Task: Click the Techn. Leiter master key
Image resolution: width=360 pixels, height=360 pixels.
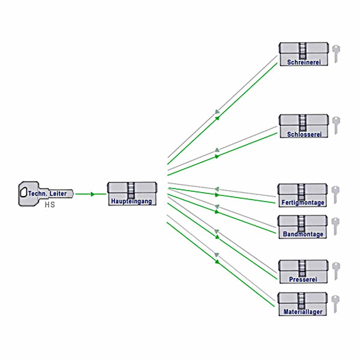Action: point(45,194)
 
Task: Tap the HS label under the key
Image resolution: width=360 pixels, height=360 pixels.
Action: point(50,205)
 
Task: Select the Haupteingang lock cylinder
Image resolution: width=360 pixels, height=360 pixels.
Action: point(132,193)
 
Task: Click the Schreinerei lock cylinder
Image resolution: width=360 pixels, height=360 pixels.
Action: point(304,54)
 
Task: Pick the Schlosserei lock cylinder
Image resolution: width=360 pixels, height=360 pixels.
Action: point(304,126)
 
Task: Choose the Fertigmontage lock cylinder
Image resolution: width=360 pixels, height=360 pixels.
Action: point(302,195)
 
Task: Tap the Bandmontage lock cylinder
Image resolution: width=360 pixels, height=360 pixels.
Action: point(302,227)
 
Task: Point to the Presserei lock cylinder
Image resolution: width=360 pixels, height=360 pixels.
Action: point(303,272)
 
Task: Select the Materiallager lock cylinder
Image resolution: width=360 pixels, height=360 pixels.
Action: point(302,304)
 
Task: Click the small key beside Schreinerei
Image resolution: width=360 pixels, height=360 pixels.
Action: point(336,53)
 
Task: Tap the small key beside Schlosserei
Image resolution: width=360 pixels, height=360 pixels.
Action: point(336,125)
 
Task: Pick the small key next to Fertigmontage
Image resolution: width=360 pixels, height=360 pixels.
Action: point(335,194)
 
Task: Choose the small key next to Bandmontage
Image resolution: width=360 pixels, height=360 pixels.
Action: point(335,226)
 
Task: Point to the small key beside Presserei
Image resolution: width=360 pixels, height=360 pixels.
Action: point(336,271)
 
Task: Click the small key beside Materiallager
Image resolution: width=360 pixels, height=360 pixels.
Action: point(335,304)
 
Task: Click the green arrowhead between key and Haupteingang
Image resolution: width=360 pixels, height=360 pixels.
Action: point(93,194)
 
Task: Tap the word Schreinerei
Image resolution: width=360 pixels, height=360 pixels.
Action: point(304,62)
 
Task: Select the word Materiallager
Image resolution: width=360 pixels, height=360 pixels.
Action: point(303,312)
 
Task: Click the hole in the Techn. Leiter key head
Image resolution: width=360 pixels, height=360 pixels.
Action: point(23,192)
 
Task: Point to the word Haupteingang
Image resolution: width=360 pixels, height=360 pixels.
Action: point(131,201)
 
